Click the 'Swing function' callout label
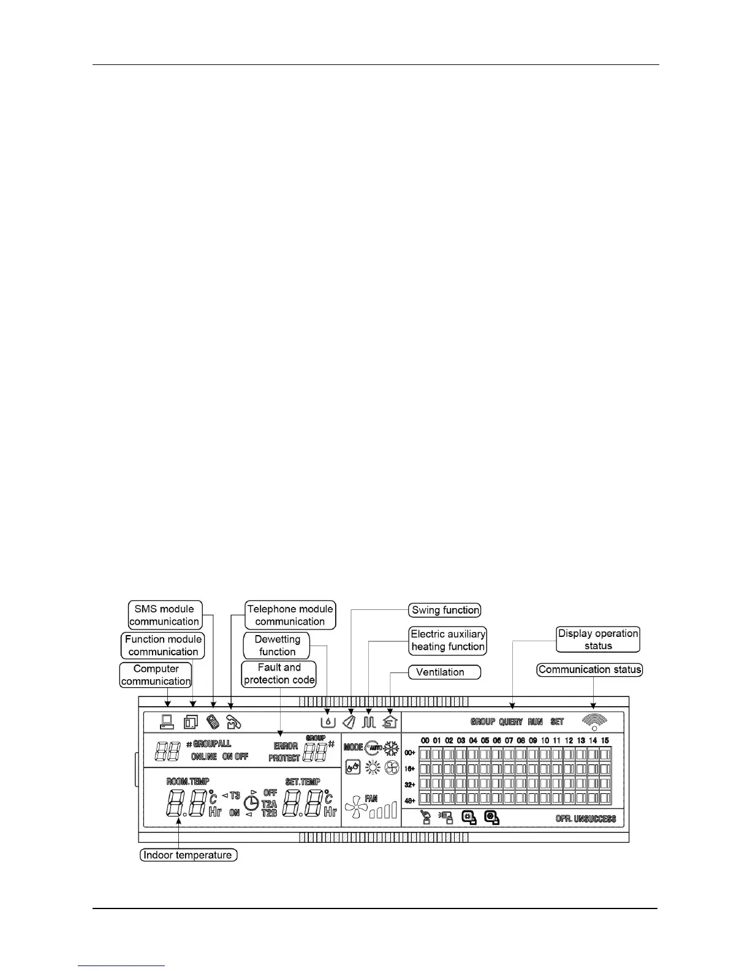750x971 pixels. (445, 610)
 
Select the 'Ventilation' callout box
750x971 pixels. (445, 672)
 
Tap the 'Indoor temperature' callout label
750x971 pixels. (187, 855)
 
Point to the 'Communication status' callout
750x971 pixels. (589, 669)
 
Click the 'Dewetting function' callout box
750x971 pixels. (278, 645)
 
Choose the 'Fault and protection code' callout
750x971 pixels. (279, 674)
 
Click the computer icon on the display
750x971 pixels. (167, 722)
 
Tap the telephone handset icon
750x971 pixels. (233, 722)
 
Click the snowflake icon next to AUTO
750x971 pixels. (392, 748)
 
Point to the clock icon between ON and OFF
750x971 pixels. (251, 803)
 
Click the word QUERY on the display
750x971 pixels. (510, 722)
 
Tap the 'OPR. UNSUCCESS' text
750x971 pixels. (585, 818)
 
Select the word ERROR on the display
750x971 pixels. (286, 746)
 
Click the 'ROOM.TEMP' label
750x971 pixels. (187, 782)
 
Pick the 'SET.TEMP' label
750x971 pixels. (303, 782)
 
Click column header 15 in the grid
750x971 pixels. (605, 741)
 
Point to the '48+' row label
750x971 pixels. (410, 801)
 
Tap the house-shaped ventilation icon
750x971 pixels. (390, 722)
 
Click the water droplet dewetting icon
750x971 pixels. (328, 722)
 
